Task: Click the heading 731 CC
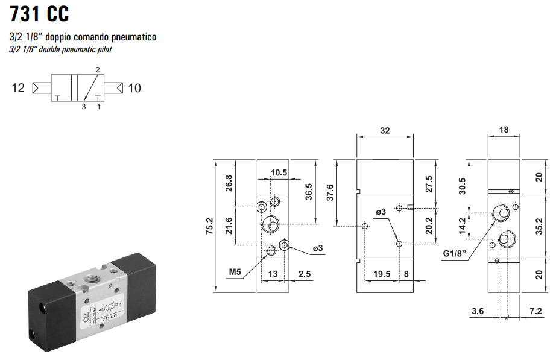(x=40, y=13)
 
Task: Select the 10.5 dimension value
(x=279, y=173)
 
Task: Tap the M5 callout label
(x=235, y=273)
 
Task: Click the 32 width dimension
(x=385, y=130)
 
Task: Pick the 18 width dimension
(x=504, y=130)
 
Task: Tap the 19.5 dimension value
(x=382, y=274)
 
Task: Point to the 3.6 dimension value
(x=478, y=311)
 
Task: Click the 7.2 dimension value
(x=535, y=311)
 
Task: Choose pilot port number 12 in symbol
(x=18, y=88)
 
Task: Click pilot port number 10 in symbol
(x=134, y=88)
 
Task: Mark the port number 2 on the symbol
(x=98, y=69)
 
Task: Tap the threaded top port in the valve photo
(x=93, y=280)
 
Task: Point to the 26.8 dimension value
(x=229, y=183)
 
